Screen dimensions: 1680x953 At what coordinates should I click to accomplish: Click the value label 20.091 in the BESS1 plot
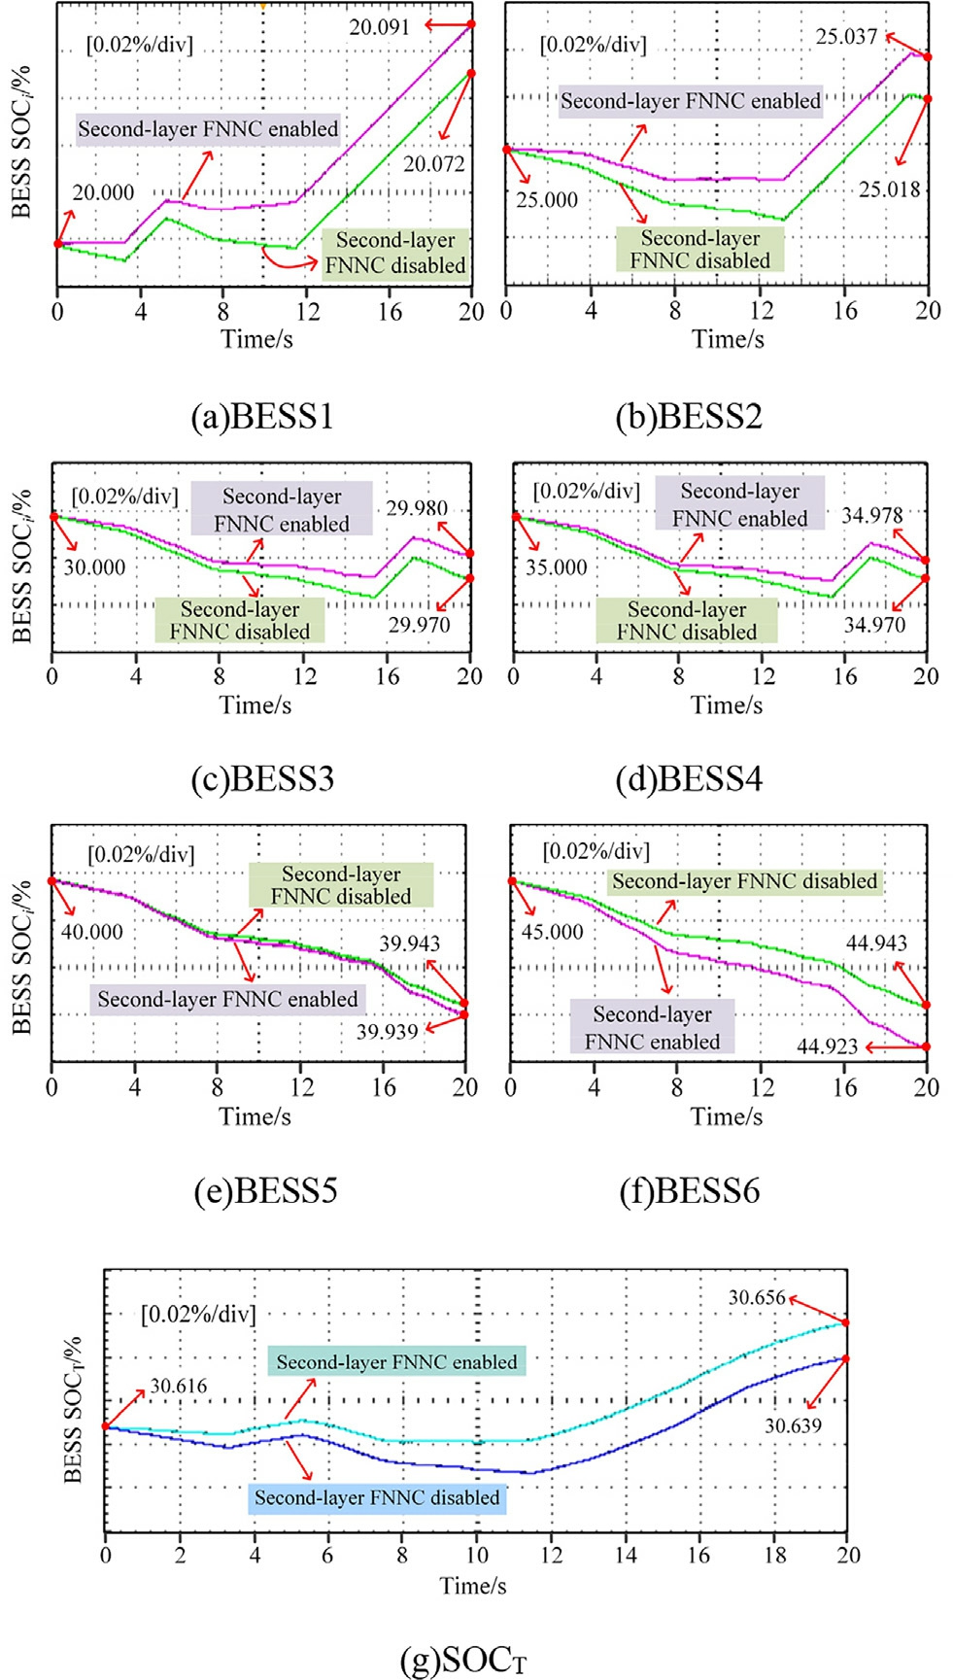(380, 27)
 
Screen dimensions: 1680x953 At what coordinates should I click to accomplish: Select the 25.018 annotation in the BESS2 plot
(889, 189)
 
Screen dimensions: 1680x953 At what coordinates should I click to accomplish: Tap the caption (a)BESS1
(262, 417)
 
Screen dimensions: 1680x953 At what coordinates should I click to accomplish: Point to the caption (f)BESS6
(689, 1190)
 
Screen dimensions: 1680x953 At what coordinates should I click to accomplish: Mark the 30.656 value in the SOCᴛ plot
(757, 1297)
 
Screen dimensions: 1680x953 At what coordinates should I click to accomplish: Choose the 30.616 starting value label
(179, 1387)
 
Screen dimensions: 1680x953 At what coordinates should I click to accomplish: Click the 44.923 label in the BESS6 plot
(827, 1046)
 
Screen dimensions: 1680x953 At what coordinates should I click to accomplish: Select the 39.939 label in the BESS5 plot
(387, 1031)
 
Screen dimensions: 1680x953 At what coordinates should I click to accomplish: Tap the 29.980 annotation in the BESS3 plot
(417, 508)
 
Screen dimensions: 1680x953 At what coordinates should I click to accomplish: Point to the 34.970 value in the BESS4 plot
(874, 625)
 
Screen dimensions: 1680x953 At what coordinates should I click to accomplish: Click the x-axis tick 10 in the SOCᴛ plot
(476, 1555)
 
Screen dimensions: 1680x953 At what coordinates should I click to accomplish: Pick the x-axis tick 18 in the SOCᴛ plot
(773, 1555)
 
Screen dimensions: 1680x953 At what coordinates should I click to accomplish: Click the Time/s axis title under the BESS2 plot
(728, 339)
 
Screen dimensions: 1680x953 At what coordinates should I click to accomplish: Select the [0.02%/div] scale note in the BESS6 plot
(596, 852)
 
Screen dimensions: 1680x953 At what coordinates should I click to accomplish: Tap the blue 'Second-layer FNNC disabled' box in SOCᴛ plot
(377, 1497)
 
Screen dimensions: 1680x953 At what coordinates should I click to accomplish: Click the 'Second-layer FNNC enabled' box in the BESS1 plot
(208, 129)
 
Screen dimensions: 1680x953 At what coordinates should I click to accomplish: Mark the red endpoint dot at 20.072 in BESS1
(471, 73)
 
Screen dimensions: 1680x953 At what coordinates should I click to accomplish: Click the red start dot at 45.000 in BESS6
(511, 881)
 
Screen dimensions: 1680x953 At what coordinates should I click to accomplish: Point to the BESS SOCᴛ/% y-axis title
(73, 1410)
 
